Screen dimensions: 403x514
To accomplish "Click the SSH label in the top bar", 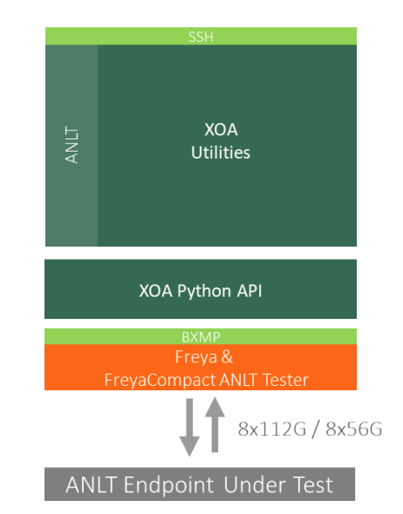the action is click(201, 37).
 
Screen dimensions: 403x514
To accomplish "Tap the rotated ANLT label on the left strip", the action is click(72, 145).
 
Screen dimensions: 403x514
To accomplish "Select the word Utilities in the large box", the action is click(221, 152).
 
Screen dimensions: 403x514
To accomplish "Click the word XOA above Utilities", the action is click(221, 130).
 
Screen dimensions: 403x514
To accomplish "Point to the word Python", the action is click(204, 292).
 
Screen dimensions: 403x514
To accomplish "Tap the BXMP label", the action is click(201, 337).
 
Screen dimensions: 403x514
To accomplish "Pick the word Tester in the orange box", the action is click(285, 380).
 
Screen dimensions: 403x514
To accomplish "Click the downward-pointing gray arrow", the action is click(189, 427).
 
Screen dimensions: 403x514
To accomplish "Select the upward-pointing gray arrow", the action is click(215, 424).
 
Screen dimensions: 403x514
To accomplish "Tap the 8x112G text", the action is click(272, 429).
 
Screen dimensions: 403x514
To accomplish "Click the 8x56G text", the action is click(354, 429).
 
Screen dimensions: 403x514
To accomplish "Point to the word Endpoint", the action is click(168, 485).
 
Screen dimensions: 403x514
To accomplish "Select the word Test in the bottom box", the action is click(313, 485).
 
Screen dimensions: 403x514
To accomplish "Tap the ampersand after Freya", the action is click(227, 356).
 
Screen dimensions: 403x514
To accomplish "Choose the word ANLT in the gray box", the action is click(91, 485).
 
